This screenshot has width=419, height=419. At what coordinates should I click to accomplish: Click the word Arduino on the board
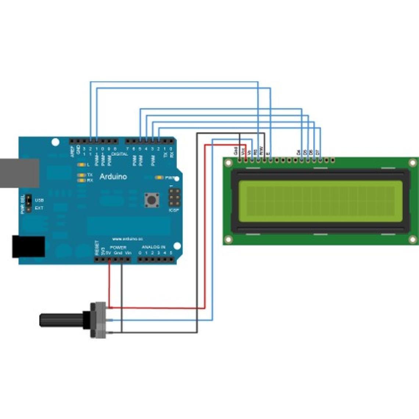click(x=113, y=177)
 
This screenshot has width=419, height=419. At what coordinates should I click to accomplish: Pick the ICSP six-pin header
click(x=174, y=197)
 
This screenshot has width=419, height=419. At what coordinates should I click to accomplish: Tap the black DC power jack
click(x=28, y=247)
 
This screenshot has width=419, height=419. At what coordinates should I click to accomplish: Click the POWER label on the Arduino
click(x=118, y=248)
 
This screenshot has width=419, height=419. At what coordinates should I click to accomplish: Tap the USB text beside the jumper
click(x=39, y=200)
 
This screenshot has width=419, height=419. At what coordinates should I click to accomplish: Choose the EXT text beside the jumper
click(x=39, y=208)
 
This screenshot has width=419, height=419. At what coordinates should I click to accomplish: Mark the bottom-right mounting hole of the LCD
click(x=413, y=240)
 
